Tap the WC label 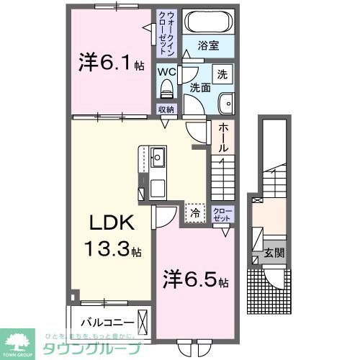click(x=167, y=71)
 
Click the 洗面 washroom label click(x=200, y=89)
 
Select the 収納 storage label click(x=167, y=109)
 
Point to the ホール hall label click(x=224, y=138)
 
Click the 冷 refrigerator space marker click(x=193, y=212)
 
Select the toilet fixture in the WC click(x=167, y=89)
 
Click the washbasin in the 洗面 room click(x=226, y=102)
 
